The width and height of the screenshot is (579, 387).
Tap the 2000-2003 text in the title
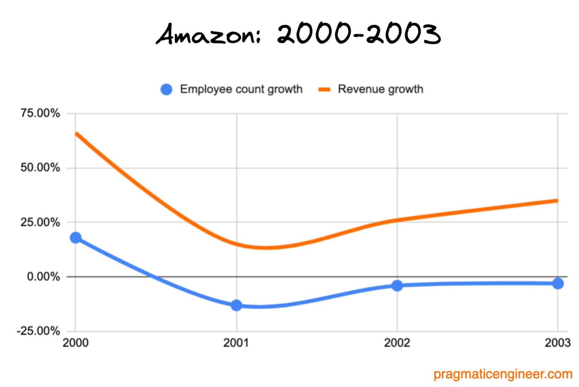(358, 35)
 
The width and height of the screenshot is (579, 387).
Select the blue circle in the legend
(166, 89)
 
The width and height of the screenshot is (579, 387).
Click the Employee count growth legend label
(241, 89)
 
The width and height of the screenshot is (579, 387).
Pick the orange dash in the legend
(324, 89)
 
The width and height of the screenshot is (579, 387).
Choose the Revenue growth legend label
(380, 89)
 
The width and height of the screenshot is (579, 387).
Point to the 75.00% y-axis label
(40, 113)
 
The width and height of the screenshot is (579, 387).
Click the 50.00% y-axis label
(40, 168)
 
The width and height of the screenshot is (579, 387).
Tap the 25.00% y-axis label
(40, 222)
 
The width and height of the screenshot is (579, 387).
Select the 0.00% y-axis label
(43, 276)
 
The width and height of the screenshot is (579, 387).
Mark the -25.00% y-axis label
(38, 331)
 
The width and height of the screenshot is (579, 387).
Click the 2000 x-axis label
(75, 343)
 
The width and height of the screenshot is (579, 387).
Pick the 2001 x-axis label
(236, 343)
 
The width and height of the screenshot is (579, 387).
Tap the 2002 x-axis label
(397, 343)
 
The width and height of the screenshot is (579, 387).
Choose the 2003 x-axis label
(557, 343)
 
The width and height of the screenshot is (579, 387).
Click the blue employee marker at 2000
(76, 238)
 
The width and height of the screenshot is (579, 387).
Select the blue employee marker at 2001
(236, 305)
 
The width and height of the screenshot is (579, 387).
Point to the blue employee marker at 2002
(397, 285)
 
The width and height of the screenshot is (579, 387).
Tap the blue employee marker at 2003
(558, 284)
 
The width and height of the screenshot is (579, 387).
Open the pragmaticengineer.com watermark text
(503, 374)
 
